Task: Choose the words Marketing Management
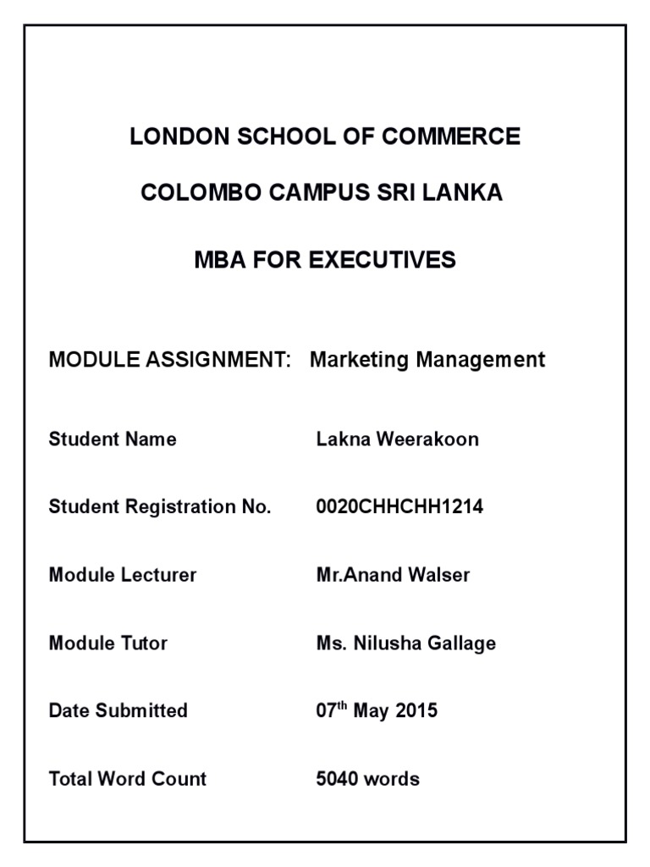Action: (427, 360)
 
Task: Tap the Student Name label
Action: (113, 439)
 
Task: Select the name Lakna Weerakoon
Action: (397, 439)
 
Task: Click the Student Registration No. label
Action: (160, 507)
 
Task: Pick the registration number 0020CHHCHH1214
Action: (399, 507)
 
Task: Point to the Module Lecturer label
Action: (123, 575)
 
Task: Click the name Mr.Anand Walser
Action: (393, 575)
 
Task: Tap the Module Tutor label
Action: (108, 643)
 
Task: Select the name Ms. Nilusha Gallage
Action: (406, 643)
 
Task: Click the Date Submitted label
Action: (118, 710)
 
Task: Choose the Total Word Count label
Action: (128, 778)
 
